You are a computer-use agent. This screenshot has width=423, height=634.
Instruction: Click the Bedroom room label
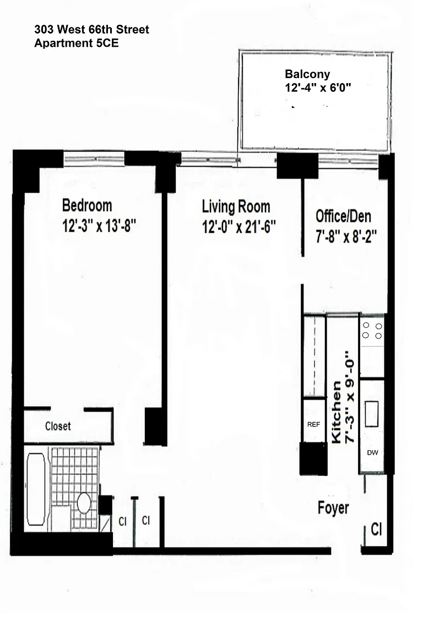[x=87, y=205]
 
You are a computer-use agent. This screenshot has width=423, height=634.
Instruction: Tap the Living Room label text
[x=236, y=206]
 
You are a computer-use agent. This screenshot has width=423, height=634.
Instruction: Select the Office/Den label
[x=343, y=216]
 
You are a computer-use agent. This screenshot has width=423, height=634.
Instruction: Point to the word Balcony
[x=307, y=74]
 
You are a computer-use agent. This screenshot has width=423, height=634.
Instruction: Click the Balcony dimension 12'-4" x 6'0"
[x=318, y=88]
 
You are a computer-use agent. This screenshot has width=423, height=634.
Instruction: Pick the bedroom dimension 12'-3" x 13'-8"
[x=99, y=226]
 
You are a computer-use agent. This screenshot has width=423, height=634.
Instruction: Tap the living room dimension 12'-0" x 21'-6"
[x=239, y=227]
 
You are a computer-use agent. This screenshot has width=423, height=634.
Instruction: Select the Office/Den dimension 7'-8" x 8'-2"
[x=346, y=236]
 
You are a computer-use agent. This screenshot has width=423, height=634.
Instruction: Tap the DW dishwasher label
[x=372, y=452]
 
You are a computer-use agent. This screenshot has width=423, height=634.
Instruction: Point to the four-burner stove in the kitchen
[x=372, y=331]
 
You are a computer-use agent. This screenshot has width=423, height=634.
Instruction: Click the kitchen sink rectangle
[x=372, y=414]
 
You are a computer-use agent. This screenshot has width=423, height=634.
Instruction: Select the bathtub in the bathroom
[x=36, y=489]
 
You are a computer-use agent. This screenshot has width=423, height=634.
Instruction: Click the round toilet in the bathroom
[x=84, y=503]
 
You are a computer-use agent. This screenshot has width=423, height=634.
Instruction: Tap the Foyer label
[x=333, y=508]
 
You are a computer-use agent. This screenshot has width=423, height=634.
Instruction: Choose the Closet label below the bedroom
[x=58, y=426]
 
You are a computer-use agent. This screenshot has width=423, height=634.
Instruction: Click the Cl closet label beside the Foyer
[x=376, y=529]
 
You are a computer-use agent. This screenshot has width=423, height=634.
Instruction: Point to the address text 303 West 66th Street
[x=91, y=29]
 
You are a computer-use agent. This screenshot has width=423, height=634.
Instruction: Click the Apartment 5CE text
[x=77, y=43]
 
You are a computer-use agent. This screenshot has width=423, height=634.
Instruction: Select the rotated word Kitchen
[x=337, y=412]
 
